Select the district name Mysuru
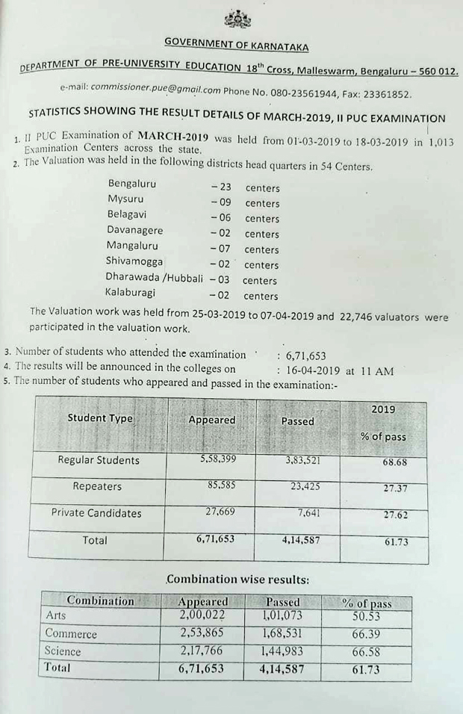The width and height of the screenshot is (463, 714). pyautogui.click(x=125, y=199)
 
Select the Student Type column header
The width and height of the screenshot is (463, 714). pyautogui.click(x=100, y=418)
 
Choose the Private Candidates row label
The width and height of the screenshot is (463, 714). pyautogui.click(x=96, y=513)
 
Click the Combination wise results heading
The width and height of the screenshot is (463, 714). pyautogui.click(x=237, y=579)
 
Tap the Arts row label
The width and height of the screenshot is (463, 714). pyautogui.click(x=56, y=616)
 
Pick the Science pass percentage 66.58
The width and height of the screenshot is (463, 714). pyautogui.click(x=366, y=652)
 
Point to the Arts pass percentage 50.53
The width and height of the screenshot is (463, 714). pyautogui.click(x=366, y=617)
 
